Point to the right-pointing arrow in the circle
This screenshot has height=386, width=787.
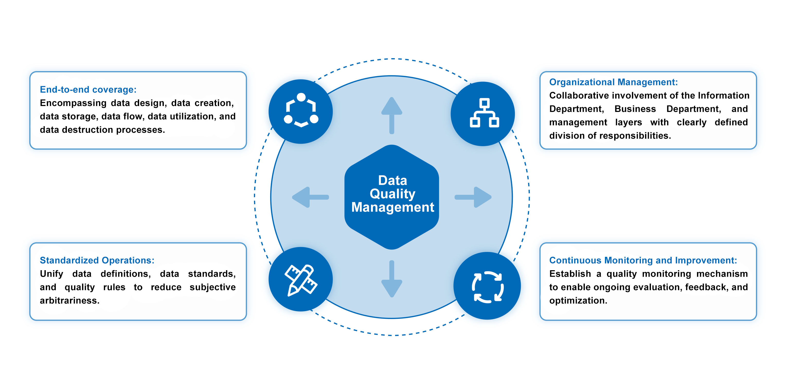coord(474,197)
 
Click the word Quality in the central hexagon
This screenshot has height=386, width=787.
coord(392,194)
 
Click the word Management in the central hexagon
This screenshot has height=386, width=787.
coord(392,207)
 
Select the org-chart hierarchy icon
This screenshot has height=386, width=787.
coord(484,113)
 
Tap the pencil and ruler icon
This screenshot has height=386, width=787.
coord(301,280)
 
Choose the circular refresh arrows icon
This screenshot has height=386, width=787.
coord(487,287)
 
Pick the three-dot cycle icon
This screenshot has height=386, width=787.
coord(301,110)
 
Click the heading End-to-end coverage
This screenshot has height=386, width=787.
coord(88,90)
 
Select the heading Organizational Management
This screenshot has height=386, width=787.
coord(613,82)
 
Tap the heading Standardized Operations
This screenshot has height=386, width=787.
coord(97,260)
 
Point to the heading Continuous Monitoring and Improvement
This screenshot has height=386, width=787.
coord(643,260)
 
